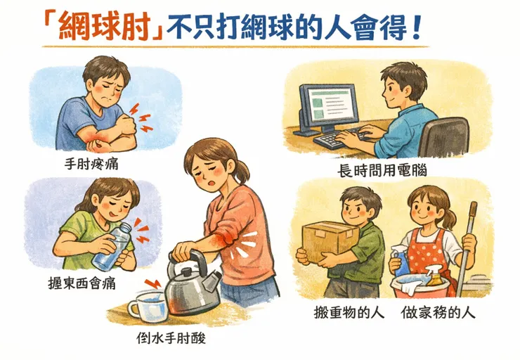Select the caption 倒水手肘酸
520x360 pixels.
point(171,337)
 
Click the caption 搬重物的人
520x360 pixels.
point(349,311)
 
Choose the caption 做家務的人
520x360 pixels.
point(438,311)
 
